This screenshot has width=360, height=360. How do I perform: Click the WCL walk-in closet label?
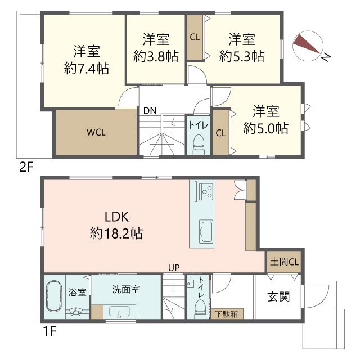[x=96, y=133]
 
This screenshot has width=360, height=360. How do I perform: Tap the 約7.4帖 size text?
[x=86, y=69]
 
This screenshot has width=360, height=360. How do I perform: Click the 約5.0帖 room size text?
[x=265, y=128]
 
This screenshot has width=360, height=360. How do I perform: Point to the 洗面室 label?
[x=125, y=290]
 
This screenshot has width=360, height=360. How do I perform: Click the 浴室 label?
[x=78, y=292]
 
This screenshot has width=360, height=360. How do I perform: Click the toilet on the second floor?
[x=198, y=143]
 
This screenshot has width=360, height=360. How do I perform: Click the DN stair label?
[x=150, y=110]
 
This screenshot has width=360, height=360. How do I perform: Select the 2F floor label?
[x=26, y=166]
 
